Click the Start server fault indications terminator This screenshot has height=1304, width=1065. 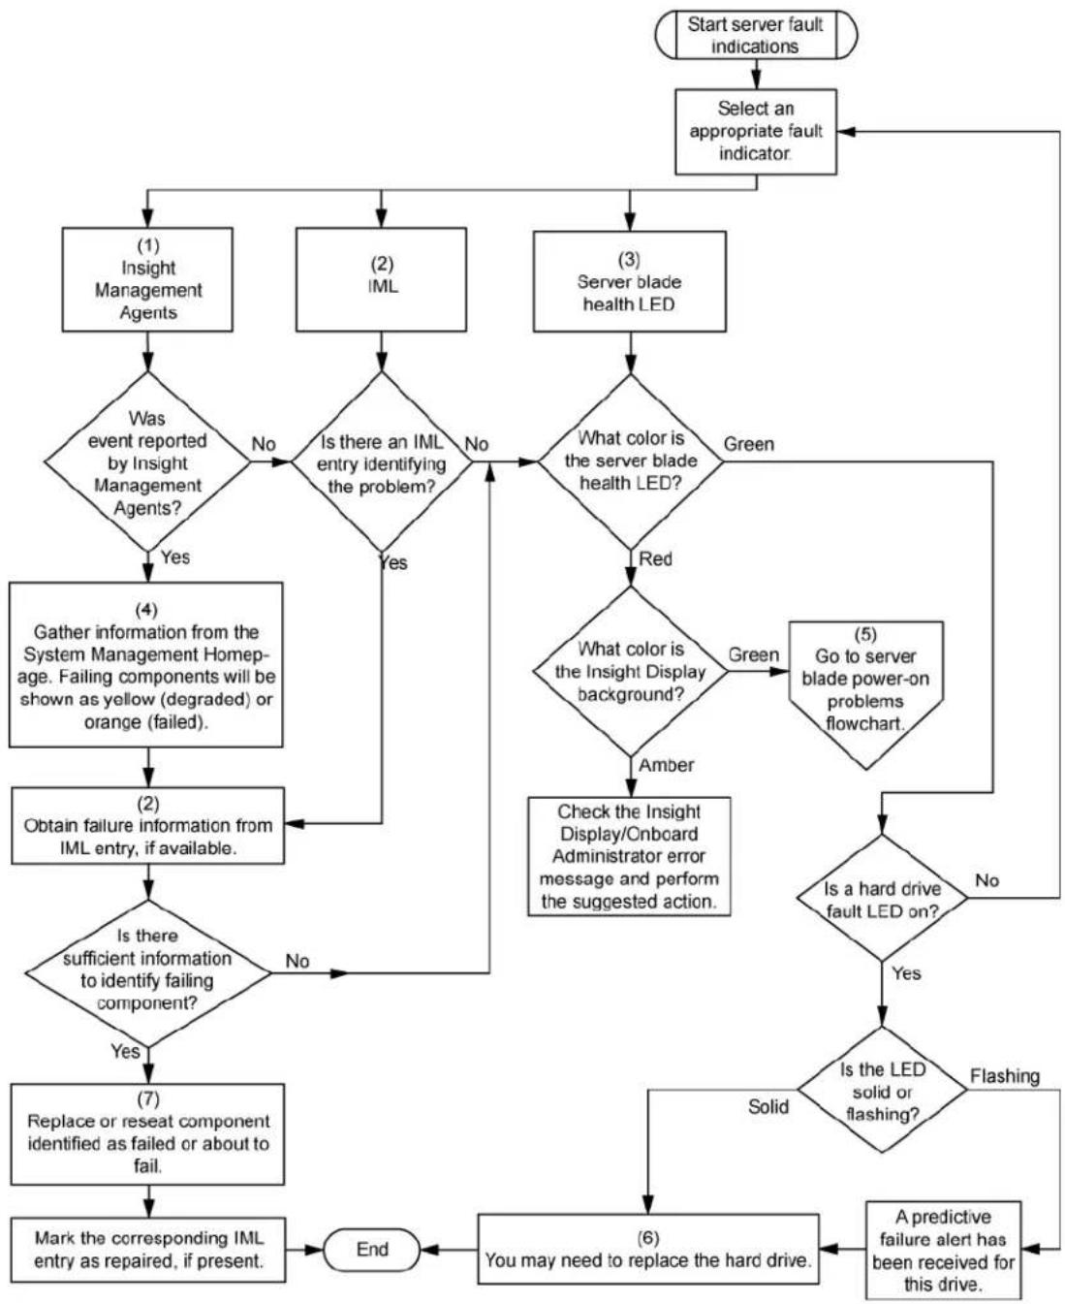coord(755,35)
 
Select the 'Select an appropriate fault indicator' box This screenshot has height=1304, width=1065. coord(755,132)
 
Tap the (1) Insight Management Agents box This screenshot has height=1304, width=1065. coord(147,279)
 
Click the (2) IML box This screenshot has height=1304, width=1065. coord(381,279)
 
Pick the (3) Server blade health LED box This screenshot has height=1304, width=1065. coord(629,281)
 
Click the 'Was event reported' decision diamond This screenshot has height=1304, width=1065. coord(147,461)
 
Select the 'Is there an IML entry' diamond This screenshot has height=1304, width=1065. coord(382,461)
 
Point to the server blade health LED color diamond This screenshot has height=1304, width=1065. coord(631,461)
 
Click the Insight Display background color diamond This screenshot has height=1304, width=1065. coord(631,671)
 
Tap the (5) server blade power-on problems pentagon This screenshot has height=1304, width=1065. coord(865,695)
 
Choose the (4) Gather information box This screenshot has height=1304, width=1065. coord(146,665)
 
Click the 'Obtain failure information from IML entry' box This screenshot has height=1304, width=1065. coord(147,825)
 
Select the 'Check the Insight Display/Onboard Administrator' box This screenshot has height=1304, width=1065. coord(629,856)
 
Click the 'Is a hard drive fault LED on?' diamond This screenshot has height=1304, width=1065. coord(882,899)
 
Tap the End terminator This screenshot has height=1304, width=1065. coord(372,1250)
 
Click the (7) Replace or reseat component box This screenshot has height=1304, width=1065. coord(147,1134)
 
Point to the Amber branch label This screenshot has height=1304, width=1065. coord(667,766)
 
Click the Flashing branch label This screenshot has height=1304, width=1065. coord(1005,1076)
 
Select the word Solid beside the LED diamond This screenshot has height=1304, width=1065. coord(768,1106)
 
